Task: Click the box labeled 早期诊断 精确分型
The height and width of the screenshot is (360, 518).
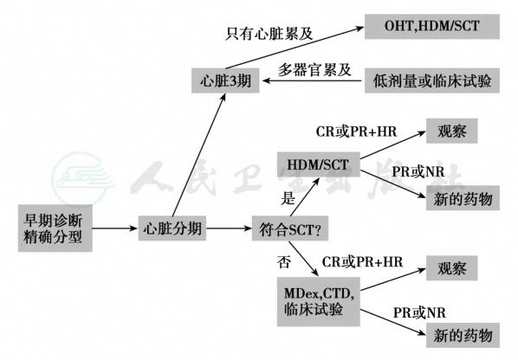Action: pos(55,228)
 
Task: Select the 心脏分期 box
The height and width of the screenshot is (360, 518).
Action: pos(172,228)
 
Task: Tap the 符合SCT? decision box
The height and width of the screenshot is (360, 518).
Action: pos(289,228)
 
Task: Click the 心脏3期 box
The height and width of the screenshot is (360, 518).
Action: pos(225,80)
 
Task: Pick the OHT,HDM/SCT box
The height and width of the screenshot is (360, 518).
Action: pos(432,27)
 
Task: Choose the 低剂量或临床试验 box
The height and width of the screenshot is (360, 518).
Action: pos(432,80)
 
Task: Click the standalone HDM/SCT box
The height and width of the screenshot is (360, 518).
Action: pos(319,164)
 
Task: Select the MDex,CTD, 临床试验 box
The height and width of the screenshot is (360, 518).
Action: pos(319,302)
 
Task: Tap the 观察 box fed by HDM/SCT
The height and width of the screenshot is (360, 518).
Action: pos(451,131)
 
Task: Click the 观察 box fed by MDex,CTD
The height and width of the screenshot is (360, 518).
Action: pos(451,268)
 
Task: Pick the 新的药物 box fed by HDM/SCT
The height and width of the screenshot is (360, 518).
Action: pos(463,198)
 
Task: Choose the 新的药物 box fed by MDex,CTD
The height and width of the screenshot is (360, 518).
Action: pos(463,335)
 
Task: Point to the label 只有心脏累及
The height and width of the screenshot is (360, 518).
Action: pos(269,34)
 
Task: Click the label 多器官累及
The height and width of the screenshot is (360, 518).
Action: pos(314,69)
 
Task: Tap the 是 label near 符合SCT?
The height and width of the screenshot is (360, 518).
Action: pos(288,198)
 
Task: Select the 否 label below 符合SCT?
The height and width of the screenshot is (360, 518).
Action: pos(284,262)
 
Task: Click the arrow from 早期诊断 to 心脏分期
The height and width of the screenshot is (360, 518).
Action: pos(115,228)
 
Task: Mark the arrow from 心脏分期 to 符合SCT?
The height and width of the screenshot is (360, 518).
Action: pos(229,228)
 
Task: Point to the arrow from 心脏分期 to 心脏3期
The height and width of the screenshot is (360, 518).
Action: pos(199,154)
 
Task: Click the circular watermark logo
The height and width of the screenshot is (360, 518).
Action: pos(81,178)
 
